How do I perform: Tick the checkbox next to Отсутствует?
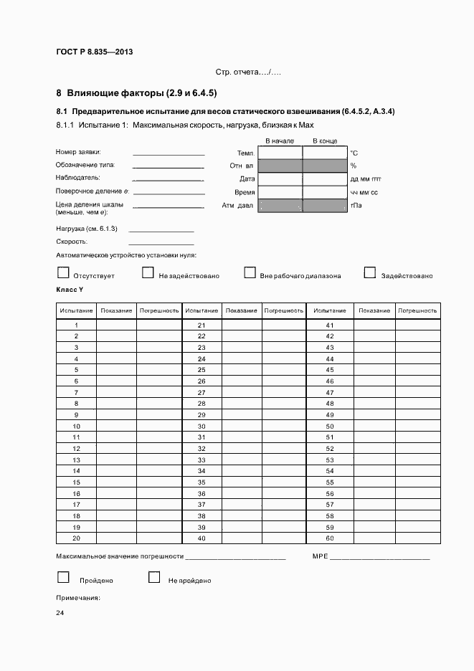[x=63, y=272]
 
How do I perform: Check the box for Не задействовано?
[x=148, y=272]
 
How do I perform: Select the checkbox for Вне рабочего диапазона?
[x=250, y=272]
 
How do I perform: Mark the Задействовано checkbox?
[x=370, y=272]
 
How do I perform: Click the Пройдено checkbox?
[x=63, y=577]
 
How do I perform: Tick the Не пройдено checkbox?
[x=153, y=577]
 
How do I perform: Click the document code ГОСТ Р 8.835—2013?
[x=95, y=52]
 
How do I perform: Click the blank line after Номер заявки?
[x=169, y=153]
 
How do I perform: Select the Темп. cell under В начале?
[x=280, y=153]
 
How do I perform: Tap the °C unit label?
[x=354, y=153]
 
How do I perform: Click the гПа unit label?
[x=355, y=206]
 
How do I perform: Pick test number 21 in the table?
[x=202, y=325]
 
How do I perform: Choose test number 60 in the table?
[x=330, y=538]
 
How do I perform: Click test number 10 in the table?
[x=76, y=426]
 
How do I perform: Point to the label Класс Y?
[x=70, y=290]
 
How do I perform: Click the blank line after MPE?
[x=379, y=558]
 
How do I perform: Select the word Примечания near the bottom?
[x=77, y=597]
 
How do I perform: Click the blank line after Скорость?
[x=161, y=244]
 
